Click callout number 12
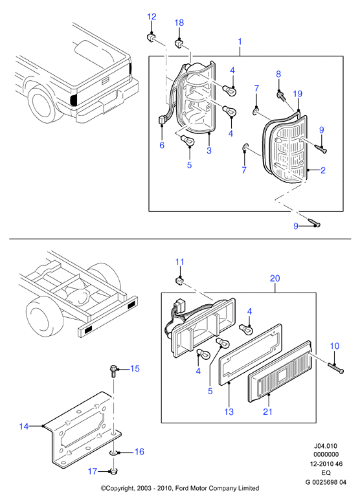(x=152, y=17)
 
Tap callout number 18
(x=179, y=23)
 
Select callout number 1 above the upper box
(x=240, y=41)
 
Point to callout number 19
(x=297, y=94)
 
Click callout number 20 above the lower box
(x=275, y=278)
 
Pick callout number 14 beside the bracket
(x=24, y=426)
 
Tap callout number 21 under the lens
(x=267, y=412)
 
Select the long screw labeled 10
(x=335, y=368)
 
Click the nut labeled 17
(x=112, y=471)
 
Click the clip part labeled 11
(x=180, y=281)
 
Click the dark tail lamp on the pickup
(x=74, y=100)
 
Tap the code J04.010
(x=326, y=445)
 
